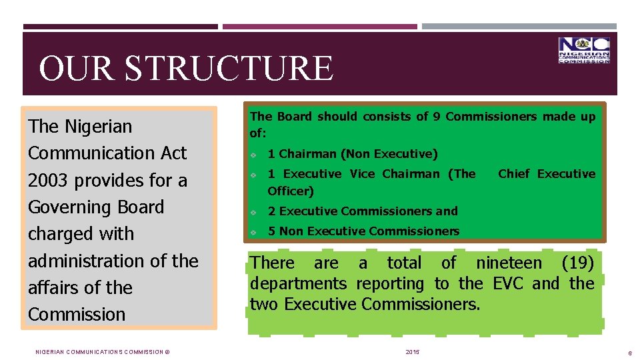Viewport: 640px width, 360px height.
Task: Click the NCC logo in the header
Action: click(584, 51)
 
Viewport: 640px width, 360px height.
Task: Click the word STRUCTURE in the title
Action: click(229, 69)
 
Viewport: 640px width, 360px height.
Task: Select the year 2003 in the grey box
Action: click(49, 181)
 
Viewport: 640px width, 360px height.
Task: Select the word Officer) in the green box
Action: click(291, 191)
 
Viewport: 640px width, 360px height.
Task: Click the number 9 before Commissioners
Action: click(436, 117)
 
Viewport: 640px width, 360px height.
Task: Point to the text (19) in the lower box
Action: click(577, 263)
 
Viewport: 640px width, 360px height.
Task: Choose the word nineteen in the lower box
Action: click(509, 263)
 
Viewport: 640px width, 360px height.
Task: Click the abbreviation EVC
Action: click(508, 283)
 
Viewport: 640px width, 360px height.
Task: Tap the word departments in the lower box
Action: click(298, 283)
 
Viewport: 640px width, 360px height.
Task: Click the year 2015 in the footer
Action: click(413, 351)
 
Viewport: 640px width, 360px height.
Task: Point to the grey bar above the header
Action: click(519, 27)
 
